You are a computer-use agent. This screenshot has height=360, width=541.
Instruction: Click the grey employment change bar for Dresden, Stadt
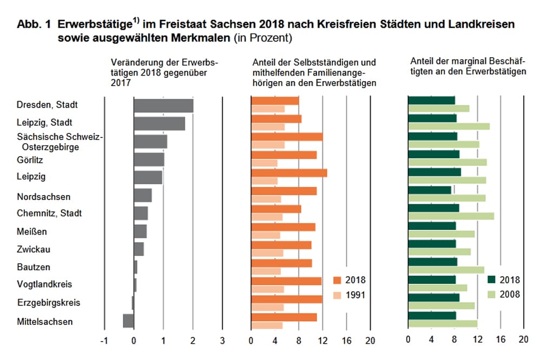click(163, 105)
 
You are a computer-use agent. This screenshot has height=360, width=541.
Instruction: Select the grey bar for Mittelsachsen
click(128, 321)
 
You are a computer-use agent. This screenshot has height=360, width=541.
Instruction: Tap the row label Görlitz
click(30, 160)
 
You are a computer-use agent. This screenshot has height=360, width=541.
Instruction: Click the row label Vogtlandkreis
click(44, 284)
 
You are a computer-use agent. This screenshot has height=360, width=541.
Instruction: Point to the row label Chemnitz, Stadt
click(49, 213)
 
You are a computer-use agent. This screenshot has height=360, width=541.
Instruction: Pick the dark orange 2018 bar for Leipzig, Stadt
click(276, 118)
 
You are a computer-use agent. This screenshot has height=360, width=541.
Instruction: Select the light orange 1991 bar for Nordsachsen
click(266, 199)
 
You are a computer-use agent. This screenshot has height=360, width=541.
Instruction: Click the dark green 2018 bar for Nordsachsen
click(430, 190)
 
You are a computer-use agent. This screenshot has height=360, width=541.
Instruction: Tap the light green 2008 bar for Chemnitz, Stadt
click(451, 216)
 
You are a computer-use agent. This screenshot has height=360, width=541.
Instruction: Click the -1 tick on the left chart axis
click(104, 341)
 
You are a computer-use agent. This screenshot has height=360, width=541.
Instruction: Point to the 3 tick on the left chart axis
click(222, 341)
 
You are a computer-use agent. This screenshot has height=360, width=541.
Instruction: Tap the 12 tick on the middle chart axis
click(322, 341)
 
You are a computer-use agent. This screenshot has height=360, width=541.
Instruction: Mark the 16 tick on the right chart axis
click(500, 341)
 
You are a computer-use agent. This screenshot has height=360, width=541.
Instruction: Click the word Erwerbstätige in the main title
click(95, 25)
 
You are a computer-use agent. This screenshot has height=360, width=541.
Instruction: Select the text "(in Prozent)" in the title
click(262, 38)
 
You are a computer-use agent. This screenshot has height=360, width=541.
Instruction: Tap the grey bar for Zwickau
click(138, 249)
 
